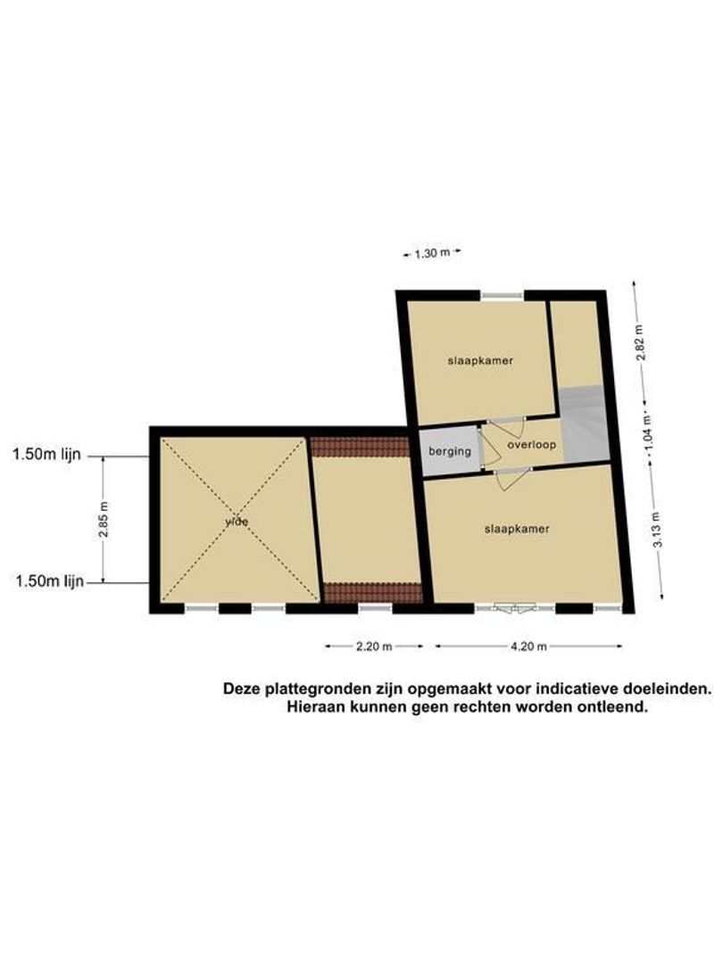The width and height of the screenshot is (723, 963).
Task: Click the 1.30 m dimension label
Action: pyautogui.click(x=431, y=253)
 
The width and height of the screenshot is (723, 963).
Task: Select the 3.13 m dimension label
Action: pyautogui.click(x=658, y=531)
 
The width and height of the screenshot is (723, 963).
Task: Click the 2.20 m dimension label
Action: pyautogui.click(x=375, y=647)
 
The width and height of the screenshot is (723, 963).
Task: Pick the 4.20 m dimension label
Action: pyautogui.click(x=528, y=647)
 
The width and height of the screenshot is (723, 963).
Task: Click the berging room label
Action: pyautogui.click(x=449, y=451)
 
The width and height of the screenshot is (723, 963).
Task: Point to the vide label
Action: pyautogui.click(x=237, y=522)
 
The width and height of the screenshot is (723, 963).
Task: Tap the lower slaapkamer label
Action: pyautogui.click(x=517, y=529)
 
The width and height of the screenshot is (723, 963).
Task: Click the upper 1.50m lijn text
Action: pyautogui.click(x=46, y=455)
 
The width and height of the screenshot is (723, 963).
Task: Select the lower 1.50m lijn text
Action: pyautogui.click(x=48, y=582)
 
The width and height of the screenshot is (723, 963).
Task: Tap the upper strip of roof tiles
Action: pyautogui.click(x=360, y=446)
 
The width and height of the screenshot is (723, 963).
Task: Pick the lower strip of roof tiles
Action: pyautogui.click(x=371, y=592)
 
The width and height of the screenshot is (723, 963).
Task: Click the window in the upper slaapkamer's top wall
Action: pyautogui.click(x=502, y=295)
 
